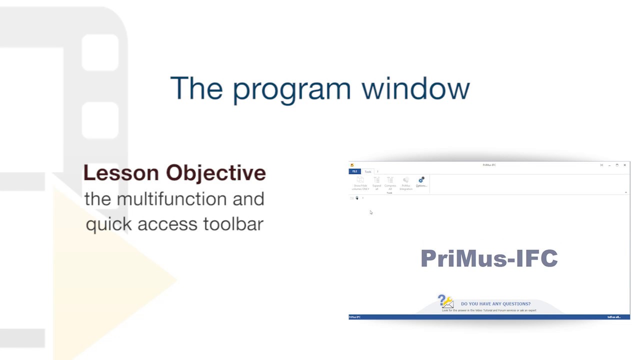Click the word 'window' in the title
click(x=415, y=88)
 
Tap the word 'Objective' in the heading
click(x=216, y=173)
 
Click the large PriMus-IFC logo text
click(x=489, y=258)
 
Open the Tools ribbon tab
click(x=368, y=171)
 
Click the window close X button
click(x=624, y=165)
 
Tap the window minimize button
click(x=609, y=165)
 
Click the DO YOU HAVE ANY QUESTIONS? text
click(x=495, y=303)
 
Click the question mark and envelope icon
click(x=445, y=301)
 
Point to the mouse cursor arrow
click(x=371, y=212)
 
